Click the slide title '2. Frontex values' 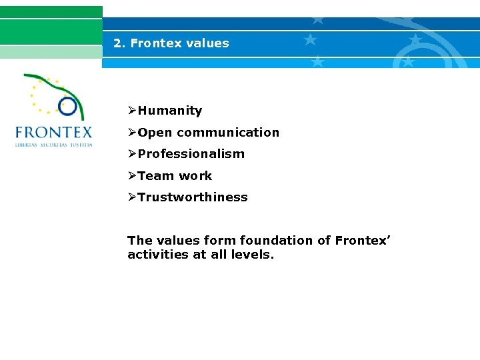click(171, 43)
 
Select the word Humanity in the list click(170, 111)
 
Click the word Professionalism click(191, 154)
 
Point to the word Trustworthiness click(193, 197)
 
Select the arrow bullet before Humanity click(133, 111)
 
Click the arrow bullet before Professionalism click(133, 154)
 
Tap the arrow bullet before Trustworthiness click(133, 197)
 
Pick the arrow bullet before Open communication click(133, 133)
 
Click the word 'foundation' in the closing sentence click(276, 240)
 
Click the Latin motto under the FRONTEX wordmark click(53, 144)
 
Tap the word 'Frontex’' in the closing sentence click(363, 240)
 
